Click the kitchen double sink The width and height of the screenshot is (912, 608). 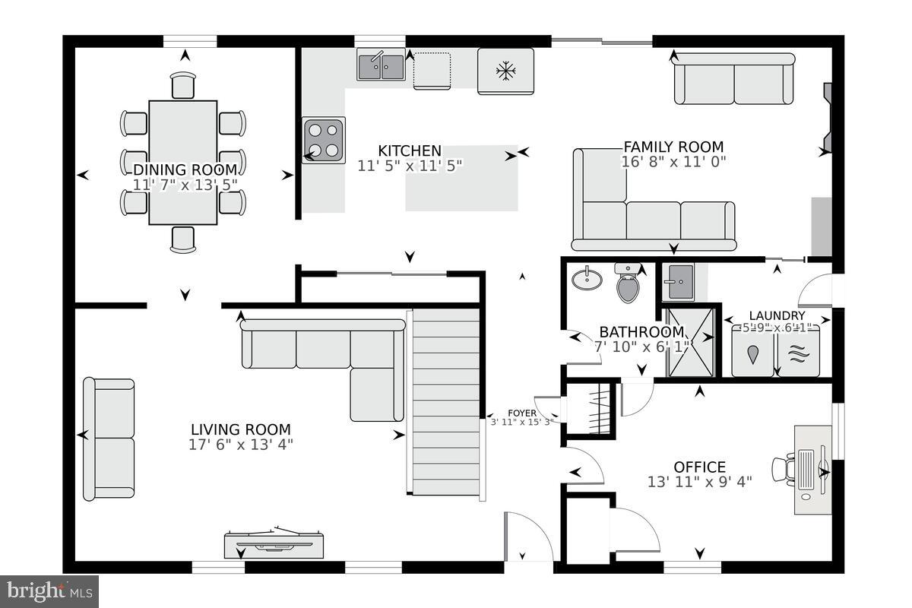point(382,65)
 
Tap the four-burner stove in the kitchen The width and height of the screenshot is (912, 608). point(324,139)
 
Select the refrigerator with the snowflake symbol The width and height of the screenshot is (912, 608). point(505,71)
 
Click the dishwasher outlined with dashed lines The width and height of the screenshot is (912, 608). point(432,70)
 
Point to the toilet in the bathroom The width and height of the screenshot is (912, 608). point(628,283)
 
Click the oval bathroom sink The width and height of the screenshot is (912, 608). point(586,278)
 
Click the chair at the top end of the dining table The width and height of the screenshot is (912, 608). point(183,85)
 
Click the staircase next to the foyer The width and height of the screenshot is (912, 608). point(446,403)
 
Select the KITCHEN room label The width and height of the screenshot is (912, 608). point(410,150)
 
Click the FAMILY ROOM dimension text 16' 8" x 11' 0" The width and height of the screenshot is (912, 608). point(673,161)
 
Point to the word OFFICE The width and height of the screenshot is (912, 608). point(699,467)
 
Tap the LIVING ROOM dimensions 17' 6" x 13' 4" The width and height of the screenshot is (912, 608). point(240,445)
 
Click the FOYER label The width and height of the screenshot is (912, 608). point(522,413)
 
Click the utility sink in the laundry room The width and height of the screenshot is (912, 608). point(678,283)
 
